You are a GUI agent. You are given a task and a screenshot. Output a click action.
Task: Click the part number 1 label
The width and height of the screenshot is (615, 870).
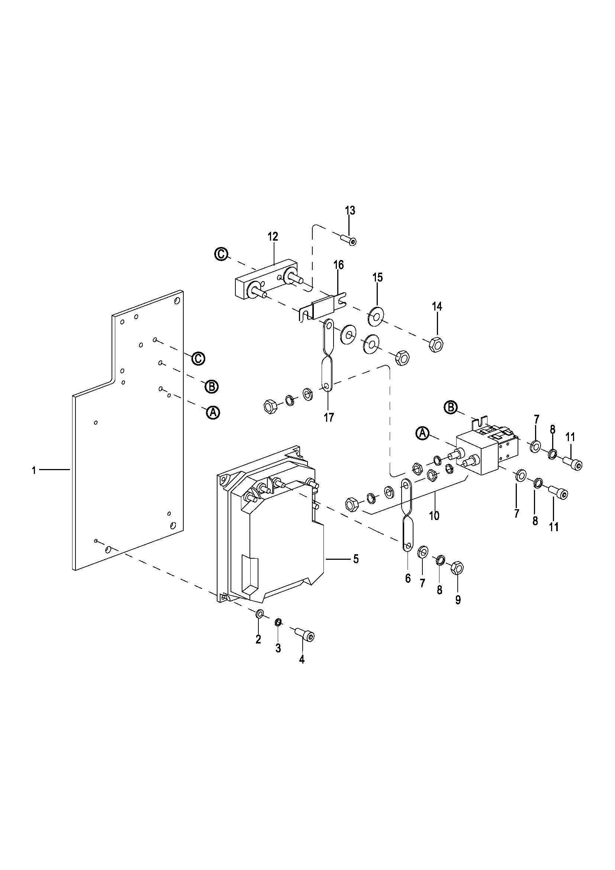click(34, 471)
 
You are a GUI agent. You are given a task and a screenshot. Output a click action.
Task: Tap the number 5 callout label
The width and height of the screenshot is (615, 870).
click(355, 559)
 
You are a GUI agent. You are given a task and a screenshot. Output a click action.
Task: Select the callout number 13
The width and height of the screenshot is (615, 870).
click(350, 211)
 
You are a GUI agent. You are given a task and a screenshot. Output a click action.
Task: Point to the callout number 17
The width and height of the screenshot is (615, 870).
click(329, 418)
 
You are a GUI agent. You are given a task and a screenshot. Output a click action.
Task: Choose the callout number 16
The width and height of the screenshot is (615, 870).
click(339, 265)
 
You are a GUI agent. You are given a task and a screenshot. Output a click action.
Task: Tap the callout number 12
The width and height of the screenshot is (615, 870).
click(273, 237)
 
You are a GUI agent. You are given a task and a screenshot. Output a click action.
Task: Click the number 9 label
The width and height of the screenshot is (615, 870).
click(458, 600)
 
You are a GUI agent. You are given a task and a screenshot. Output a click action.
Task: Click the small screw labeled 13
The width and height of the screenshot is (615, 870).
click(348, 240)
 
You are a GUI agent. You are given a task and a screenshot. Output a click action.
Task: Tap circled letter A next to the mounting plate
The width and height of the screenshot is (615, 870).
click(213, 412)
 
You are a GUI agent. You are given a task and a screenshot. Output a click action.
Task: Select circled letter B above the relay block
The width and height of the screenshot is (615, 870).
click(451, 407)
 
